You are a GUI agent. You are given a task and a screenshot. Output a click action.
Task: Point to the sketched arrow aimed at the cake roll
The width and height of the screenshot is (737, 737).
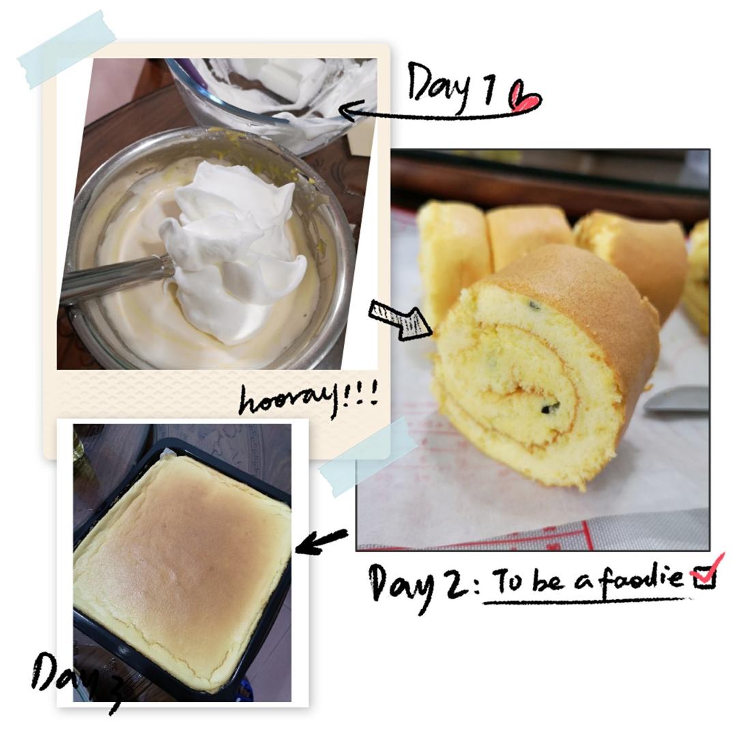(401, 319)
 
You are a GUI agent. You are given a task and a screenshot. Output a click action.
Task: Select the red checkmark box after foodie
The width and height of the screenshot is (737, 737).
(706, 573)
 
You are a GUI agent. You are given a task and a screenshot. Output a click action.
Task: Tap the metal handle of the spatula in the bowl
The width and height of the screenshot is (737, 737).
(117, 276)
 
